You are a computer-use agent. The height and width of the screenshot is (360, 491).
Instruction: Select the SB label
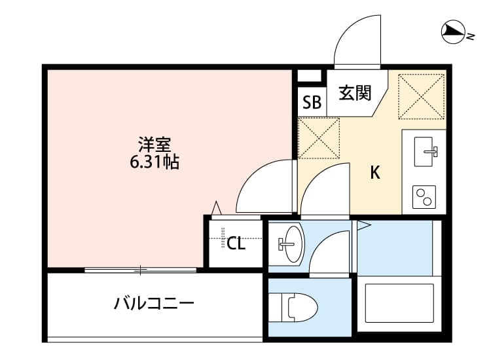point(312,102)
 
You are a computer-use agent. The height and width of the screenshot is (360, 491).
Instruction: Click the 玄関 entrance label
point(355,93)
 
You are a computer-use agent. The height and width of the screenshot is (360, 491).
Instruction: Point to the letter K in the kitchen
point(375,173)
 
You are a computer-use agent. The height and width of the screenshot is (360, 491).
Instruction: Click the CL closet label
point(236,244)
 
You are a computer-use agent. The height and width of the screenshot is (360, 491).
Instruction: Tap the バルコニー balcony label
point(154,304)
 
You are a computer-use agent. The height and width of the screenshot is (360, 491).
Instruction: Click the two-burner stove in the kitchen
point(424,196)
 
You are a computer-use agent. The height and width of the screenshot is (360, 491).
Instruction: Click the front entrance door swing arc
point(357,41)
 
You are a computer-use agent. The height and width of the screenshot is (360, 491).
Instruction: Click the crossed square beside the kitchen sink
point(421,96)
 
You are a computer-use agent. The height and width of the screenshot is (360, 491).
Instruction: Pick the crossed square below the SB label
point(319,138)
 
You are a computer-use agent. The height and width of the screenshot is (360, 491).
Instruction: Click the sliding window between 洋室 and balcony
point(140,269)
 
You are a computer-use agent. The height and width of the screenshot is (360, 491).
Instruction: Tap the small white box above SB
point(306,75)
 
